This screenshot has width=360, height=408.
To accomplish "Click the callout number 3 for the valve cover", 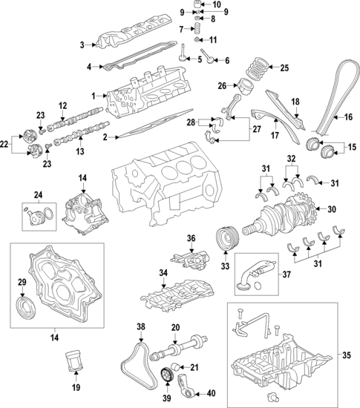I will tap(82, 45).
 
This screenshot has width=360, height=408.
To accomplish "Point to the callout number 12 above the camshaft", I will tap(63, 105).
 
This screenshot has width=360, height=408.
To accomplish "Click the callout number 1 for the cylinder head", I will tap(94, 96).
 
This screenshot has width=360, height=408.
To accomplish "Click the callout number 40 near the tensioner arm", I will tap(211, 394).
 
